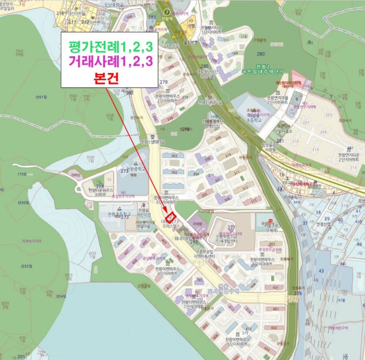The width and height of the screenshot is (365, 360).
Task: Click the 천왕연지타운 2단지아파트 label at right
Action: [349, 157]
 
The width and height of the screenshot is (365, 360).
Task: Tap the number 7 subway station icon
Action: [166, 11]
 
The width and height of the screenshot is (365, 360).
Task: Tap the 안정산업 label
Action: [323, 225]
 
